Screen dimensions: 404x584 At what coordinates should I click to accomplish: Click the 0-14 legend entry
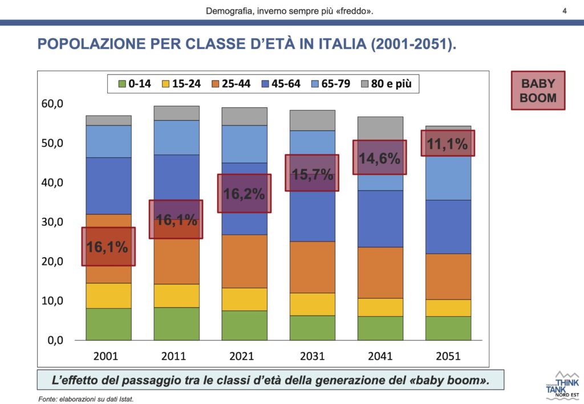135,84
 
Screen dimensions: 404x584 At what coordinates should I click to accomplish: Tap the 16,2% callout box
244,194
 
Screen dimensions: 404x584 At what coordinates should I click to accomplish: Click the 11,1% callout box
448,144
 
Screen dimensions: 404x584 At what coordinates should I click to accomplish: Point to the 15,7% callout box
312,173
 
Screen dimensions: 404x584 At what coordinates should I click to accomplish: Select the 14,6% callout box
380,158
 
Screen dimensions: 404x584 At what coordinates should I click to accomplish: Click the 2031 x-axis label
312,356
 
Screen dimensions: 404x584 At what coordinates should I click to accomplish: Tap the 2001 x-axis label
106,356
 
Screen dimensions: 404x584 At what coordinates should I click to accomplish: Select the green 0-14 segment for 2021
244,325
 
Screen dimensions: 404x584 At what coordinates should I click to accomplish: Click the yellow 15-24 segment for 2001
108,296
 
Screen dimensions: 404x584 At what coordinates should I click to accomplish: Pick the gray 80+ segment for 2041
380,128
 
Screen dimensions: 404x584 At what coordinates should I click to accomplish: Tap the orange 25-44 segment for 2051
448,276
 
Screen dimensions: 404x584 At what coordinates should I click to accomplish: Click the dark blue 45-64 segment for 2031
312,217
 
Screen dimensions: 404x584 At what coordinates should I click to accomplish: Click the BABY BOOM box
538,91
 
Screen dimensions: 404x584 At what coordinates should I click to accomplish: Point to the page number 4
564,11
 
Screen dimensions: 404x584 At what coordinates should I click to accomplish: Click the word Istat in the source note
125,399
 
